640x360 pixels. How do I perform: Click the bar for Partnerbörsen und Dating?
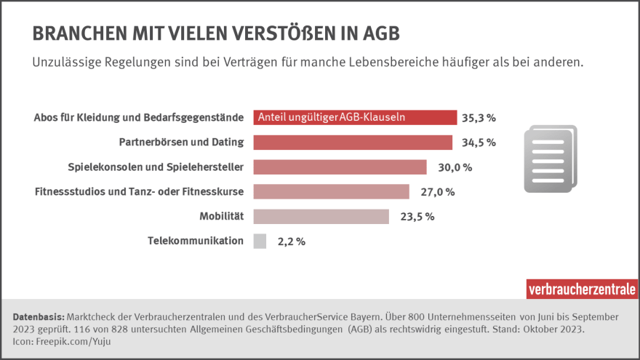point(353,142)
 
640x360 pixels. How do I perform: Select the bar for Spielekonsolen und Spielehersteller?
point(340,167)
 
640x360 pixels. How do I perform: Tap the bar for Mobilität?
point(321,216)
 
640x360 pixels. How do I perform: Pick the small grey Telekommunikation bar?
point(260,241)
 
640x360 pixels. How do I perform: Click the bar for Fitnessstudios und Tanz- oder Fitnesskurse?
point(331,191)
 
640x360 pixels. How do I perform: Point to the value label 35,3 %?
point(479,118)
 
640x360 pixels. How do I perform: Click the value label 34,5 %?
point(479,143)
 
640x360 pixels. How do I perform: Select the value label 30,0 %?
point(455,167)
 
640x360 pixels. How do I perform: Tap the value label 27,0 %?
point(437,192)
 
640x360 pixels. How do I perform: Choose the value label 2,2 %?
point(291,241)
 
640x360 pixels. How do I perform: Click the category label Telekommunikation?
point(196,241)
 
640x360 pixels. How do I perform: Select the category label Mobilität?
point(221,216)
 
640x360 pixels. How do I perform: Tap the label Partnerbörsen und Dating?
point(181,142)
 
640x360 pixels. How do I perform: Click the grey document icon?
point(550,159)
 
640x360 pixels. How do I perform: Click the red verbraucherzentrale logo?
point(582,288)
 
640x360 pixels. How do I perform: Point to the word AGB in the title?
point(379,33)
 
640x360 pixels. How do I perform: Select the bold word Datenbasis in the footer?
point(39,317)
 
